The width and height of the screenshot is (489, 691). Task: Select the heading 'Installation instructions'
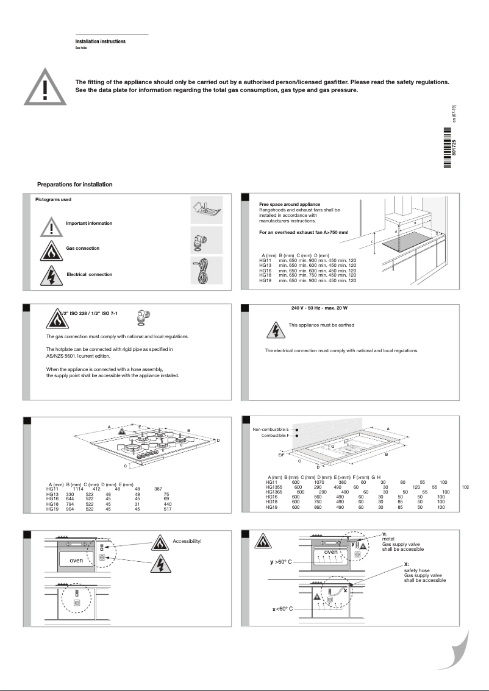pos(100,41)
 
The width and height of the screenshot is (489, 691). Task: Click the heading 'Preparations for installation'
pos(74,184)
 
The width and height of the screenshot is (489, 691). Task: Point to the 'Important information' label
pos(89,224)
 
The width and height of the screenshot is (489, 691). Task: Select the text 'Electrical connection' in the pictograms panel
pos(90,275)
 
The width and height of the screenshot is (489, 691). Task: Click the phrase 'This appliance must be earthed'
pos(321,325)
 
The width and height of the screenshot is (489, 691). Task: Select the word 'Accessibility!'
pos(187,541)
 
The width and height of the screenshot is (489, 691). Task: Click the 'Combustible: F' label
pos(274,436)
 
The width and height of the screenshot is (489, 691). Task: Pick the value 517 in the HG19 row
pos(166,508)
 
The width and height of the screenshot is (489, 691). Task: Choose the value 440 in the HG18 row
pos(166,503)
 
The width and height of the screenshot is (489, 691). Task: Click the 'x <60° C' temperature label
pos(282,609)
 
